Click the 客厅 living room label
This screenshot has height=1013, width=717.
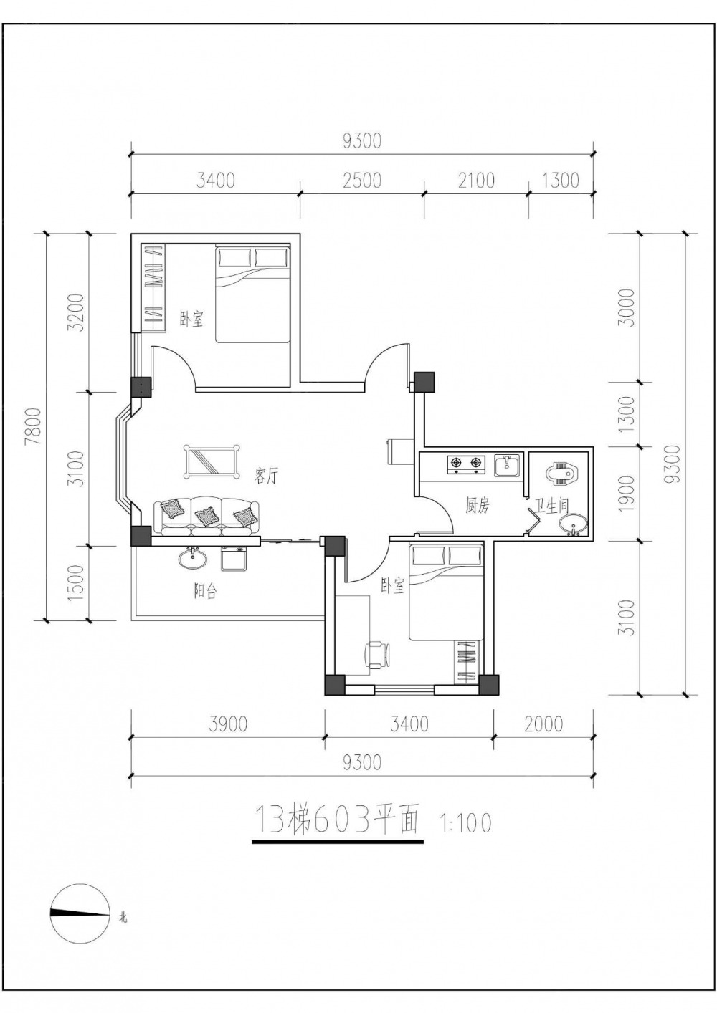(x=266, y=476)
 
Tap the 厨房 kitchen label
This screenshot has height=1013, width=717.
(x=478, y=505)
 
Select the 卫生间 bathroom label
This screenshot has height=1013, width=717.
(x=552, y=506)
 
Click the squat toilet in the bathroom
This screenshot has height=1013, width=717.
(x=564, y=473)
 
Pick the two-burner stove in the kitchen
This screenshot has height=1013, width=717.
(x=466, y=464)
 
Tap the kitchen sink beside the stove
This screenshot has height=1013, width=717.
(x=508, y=466)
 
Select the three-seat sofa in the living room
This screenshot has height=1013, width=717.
(x=206, y=516)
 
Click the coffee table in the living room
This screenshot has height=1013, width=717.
(x=212, y=461)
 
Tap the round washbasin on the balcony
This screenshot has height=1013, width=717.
(x=193, y=559)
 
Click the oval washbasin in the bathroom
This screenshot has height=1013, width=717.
(x=574, y=526)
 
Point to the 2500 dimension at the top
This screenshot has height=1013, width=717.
(x=363, y=181)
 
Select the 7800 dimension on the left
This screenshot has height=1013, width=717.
(x=34, y=426)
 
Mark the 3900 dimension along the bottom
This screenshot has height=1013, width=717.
(x=229, y=724)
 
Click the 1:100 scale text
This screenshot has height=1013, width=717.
(x=465, y=824)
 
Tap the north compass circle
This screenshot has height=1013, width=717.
(x=80, y=913)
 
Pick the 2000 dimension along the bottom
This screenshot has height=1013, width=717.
(x=543, y=724)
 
